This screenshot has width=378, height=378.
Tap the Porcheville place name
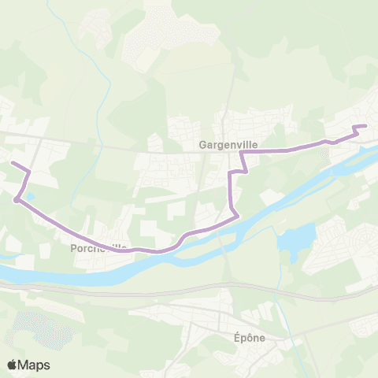pyautogui.click(x=98, y=247)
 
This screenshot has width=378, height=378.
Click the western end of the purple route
pyautogui.click(x=10, y=163)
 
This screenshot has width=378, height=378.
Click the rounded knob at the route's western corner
pyautogui.click(x=16, y=200)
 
